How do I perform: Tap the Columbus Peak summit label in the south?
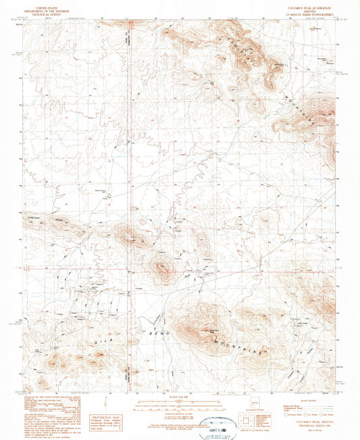[212, 329]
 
